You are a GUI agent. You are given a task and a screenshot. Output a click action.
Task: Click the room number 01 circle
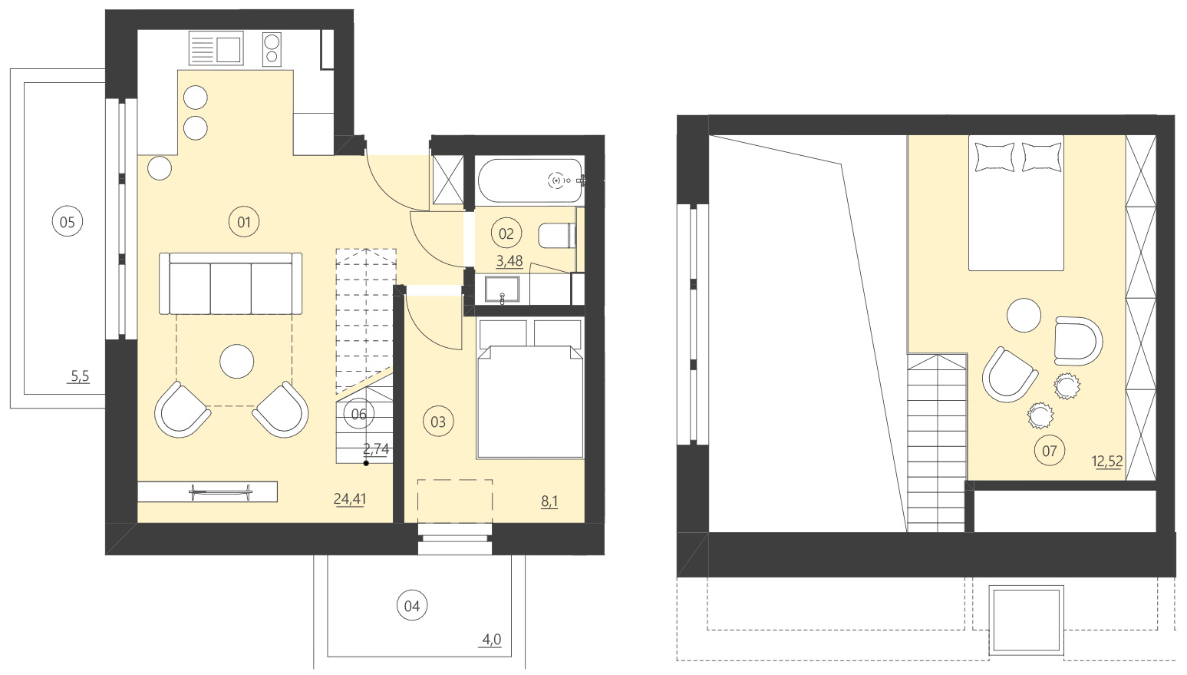(x=244, y=223)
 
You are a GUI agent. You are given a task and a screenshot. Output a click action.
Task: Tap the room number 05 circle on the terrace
(x=68, y=223)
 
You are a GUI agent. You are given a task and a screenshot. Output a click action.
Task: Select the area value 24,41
(x=350, y=499)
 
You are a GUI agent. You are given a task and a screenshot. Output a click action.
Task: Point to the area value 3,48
(x=509, y=261)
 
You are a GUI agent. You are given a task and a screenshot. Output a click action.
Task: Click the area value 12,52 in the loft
(x=1107, y=462)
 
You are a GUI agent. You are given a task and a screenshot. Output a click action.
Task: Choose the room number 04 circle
(x=412, y=606)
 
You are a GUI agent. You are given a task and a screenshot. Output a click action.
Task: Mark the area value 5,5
(x=80, y=376)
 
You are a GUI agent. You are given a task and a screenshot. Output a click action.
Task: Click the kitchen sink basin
(x=229, y=50)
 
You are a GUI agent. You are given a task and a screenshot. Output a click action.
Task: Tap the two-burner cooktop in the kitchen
(x=272, y=49)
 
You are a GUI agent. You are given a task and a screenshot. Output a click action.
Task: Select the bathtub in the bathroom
(x=529, y=180)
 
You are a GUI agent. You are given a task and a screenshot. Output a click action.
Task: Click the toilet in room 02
(x=557, y=235)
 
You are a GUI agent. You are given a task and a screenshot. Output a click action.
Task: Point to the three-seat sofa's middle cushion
(x=230, y=287)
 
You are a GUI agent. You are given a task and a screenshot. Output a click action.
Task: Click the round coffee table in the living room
(x=237, y=361)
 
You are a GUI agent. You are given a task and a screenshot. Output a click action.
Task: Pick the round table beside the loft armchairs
(x=1024, y=315)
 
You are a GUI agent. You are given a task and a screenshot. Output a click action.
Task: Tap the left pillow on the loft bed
(x=994, y=157)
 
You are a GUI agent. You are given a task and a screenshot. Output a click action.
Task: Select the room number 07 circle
(x=1050, y=451)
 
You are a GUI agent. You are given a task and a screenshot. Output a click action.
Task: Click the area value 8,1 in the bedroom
(x=549, y=501)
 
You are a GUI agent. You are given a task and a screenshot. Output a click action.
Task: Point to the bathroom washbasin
(x=502, y=290)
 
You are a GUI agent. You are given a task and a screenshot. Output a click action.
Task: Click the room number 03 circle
(x=438, y=422)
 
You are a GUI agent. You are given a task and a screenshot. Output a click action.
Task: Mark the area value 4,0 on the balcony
(x=492, y=640)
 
